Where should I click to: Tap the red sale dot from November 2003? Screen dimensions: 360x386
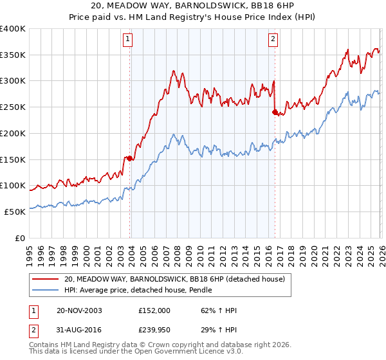130,157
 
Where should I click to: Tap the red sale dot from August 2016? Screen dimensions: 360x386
275,112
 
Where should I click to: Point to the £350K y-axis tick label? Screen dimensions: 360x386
13,55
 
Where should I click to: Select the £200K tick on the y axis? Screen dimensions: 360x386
13,134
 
